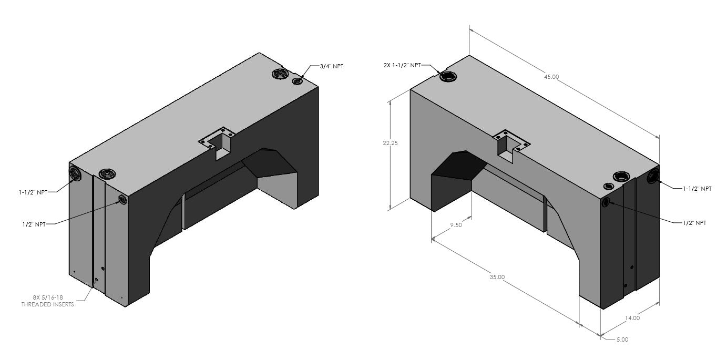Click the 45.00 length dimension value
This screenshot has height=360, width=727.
pos(551,77)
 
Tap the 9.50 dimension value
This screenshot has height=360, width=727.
pos(456,225)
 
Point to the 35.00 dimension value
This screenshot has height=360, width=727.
pos(497,277)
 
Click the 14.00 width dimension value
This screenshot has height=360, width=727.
pos(632,317)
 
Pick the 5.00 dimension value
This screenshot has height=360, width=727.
pos(622,340)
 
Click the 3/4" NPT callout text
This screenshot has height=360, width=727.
pos(331,66)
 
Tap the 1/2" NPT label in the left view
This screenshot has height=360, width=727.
pos(35,224)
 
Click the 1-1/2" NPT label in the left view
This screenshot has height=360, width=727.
pos(33,192)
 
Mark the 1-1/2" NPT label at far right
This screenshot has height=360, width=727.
pos(697,188)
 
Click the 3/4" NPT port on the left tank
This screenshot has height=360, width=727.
pos(298,81)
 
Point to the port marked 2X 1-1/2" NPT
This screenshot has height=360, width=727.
pos(448,77)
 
